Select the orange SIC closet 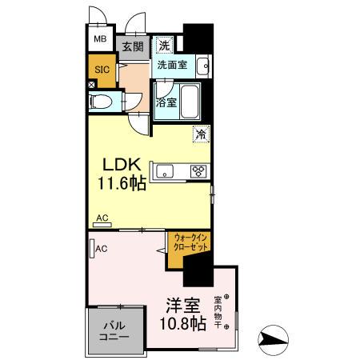click(102, 70)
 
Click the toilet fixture click(102, 102)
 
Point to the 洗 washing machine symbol click(165, 45)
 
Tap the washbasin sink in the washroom click(202, 66)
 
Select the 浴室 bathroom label click(166, 102)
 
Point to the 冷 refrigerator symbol click(199, 134)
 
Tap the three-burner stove click(198, 170)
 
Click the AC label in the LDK click(102, 217)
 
